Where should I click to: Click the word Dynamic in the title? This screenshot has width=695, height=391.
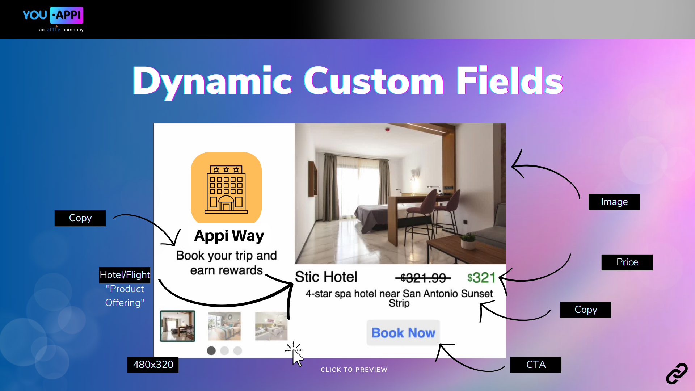[212, 81]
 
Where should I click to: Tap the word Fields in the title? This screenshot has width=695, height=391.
[509, 81]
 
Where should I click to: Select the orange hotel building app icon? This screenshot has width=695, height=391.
[226, 188]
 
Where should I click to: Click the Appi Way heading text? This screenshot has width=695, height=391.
[229, 236]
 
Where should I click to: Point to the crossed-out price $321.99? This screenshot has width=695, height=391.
[423, 278]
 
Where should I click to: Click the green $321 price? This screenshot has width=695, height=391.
[481, 278]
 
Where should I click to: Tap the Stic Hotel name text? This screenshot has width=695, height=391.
[326, 277]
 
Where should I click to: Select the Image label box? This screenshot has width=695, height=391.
[614, 202]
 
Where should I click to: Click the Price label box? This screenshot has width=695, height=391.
[627, 262]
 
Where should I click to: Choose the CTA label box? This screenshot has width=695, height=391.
[536, 365]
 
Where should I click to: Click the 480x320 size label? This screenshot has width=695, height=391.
[153, 365]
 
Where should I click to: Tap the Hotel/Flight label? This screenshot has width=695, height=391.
[125, 275]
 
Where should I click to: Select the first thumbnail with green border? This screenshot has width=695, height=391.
[177, 326]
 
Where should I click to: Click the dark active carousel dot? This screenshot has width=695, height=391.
[211, 350]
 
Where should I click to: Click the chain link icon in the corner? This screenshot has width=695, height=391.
[677, 374]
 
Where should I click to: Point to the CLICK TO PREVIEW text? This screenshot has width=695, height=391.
[354, 370]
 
